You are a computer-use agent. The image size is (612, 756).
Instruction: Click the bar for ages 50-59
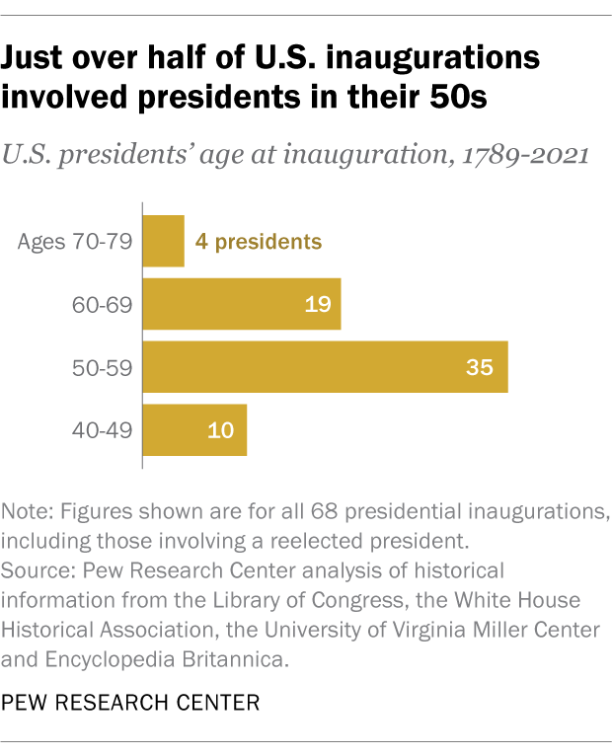(x=326, y=367)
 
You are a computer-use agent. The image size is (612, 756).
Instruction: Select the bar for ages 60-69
(x=242, y=304)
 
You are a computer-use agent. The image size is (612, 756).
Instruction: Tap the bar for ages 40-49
(x=195, y=430)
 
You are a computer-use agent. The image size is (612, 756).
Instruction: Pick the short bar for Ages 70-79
(x=164, y=241)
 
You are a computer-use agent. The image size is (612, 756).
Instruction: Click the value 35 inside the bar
(x=480, y=367)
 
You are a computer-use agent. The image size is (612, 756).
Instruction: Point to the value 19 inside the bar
(x=316, y=304)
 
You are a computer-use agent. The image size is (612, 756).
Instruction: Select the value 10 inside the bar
(x=221, y=430)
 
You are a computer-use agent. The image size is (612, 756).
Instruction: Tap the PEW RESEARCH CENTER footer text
(x=130, y=704)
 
